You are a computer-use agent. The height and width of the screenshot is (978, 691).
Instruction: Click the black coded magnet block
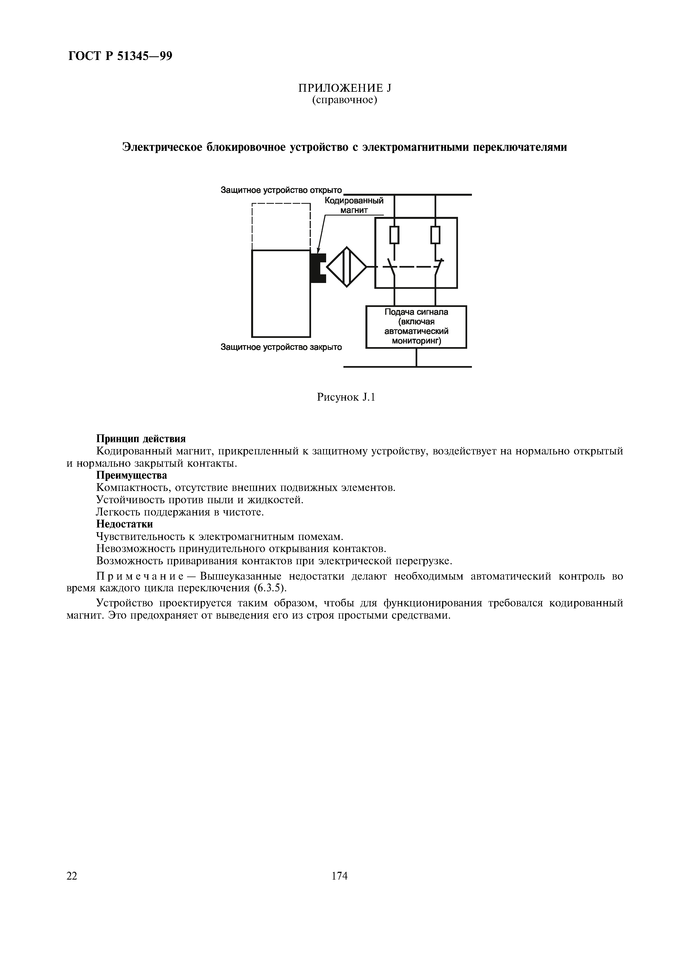[x=317, y=268]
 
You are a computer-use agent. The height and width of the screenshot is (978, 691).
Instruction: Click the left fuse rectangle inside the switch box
[x=395, y=235]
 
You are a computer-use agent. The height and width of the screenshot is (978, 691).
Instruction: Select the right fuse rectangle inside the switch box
[x=435, y=235]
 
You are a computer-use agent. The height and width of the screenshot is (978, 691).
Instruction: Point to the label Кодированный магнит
[x=354, y=205]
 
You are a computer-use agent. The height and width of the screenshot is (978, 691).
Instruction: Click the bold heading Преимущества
[x=132, y=475]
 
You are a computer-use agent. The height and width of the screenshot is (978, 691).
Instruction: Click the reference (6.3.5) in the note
[x=270, y=588]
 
